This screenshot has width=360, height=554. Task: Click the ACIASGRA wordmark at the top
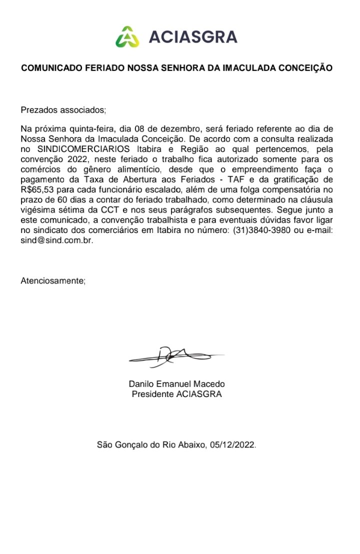coord(192,37)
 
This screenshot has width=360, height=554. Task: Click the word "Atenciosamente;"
coord(53,280)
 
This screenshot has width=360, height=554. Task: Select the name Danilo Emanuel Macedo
coord(177,384)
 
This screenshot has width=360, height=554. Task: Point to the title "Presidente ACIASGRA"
coord(177,394)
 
